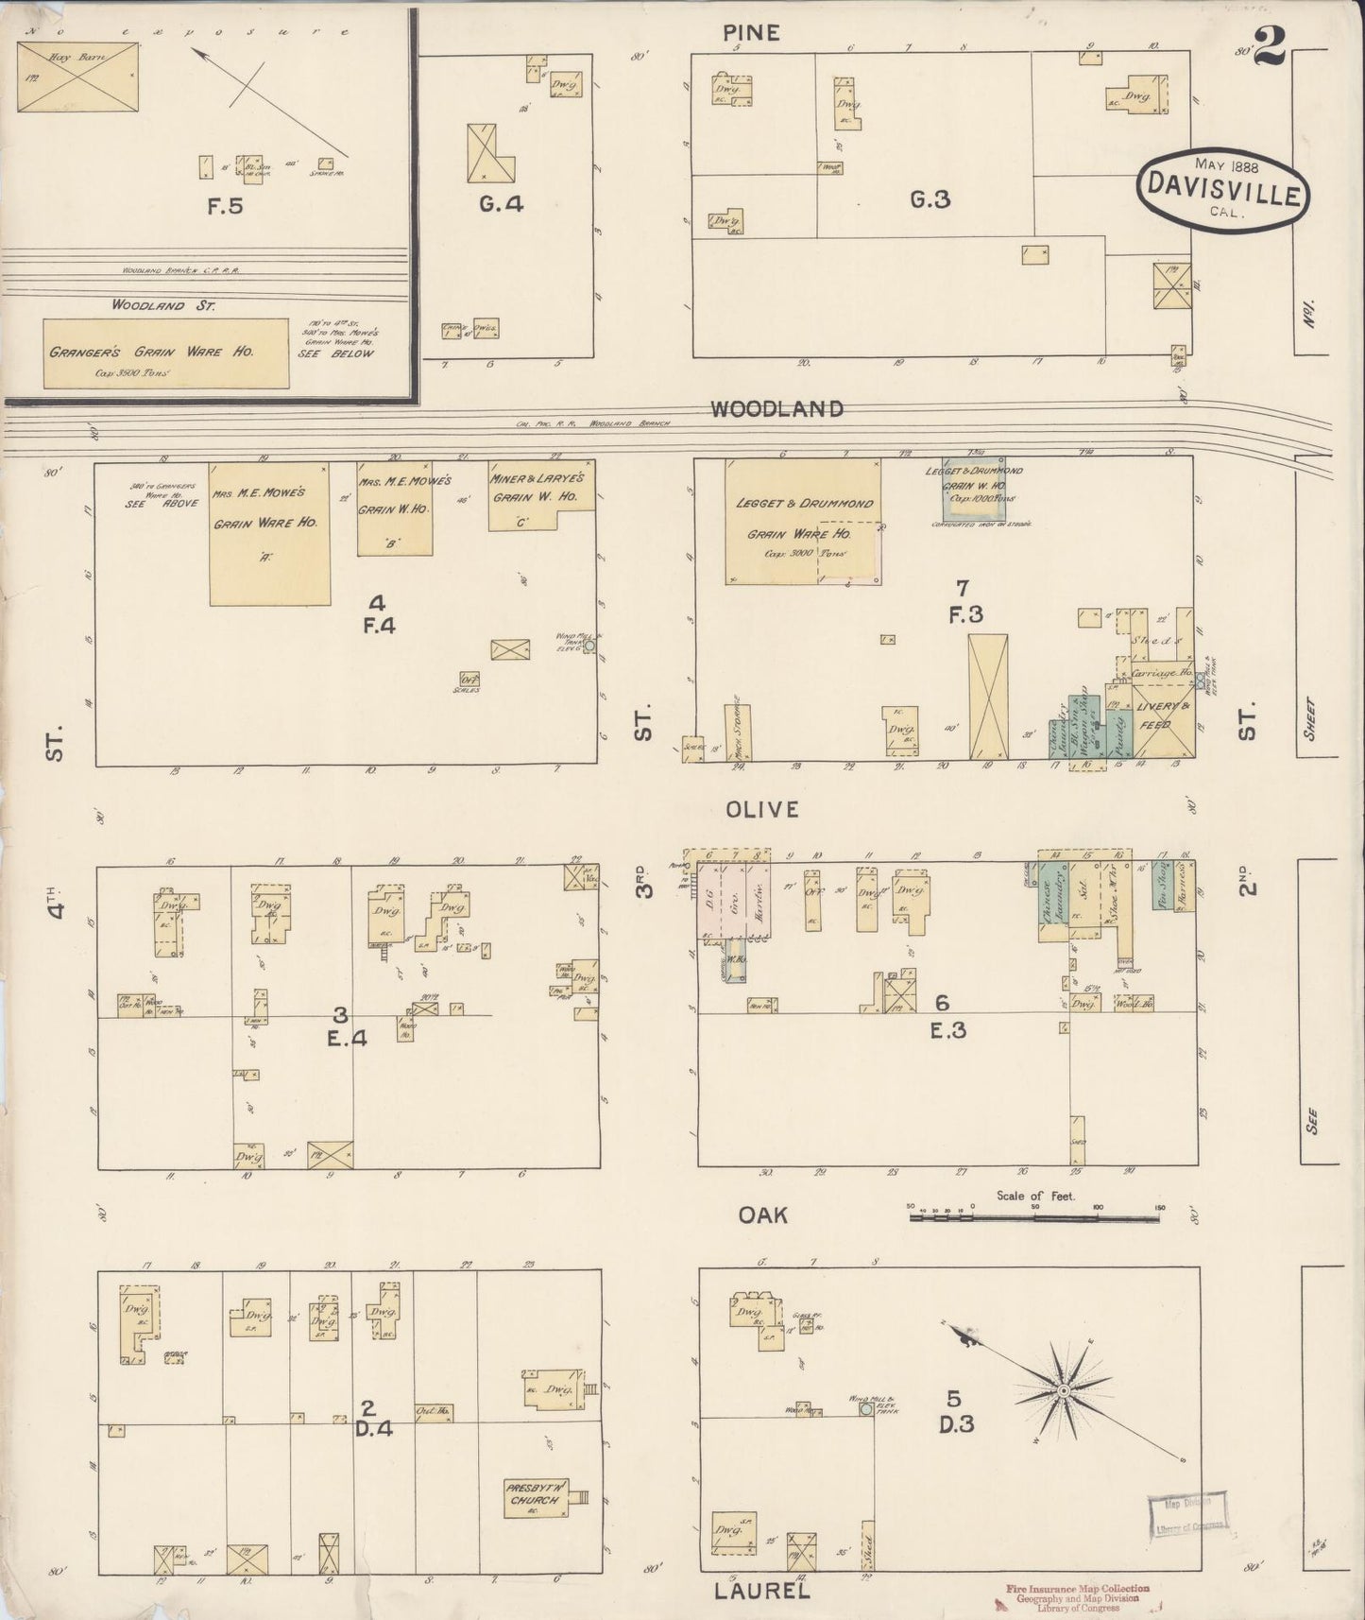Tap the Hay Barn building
(77, 71)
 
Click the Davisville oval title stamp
(1222, 188)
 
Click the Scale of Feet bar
(1034, 1218)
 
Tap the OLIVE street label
(763, 810)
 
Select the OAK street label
(763, 1215)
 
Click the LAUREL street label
(761, 1592)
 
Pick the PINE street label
(751, 33)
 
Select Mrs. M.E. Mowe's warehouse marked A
(270, 534)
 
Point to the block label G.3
(930, 200)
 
